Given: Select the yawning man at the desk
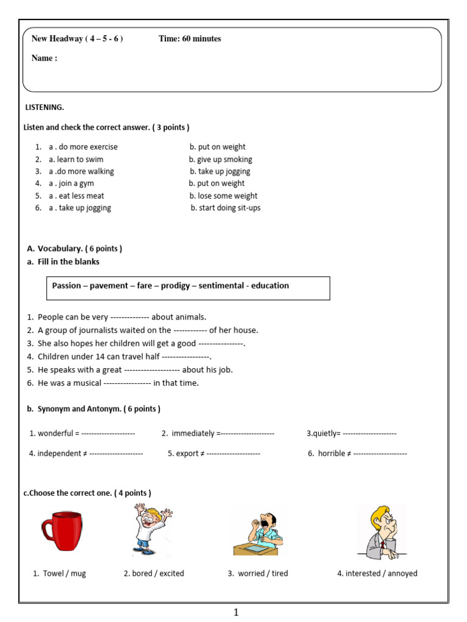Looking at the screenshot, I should pyautogui.click(x=258, y=533).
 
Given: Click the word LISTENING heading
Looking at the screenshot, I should pyautogui.click(x=44, y=108).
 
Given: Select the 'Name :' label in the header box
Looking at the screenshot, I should pyautogui.click(x=44, y=58).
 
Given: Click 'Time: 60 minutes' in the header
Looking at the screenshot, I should pyautogui.click(x=190, y=39).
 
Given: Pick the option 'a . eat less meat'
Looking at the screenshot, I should pyautogui.click(x=77, y=196).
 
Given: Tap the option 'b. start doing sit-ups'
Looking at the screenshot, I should pyautogui.click(x=226, y=208).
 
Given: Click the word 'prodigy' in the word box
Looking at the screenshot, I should pyautogui.click(x=175, y=285).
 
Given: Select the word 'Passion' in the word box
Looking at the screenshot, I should pyautogui.click(x=66, y=285).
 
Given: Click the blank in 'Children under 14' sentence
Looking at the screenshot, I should pyautogui.click(x=185, y=357).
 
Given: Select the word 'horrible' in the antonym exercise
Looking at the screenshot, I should pyautogui.click(x=331, y=454).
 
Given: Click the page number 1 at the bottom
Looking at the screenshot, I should pyautogui.click(x=237, y=612).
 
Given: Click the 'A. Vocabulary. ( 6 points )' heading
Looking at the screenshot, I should pyautogui.click(x=74, y=248).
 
